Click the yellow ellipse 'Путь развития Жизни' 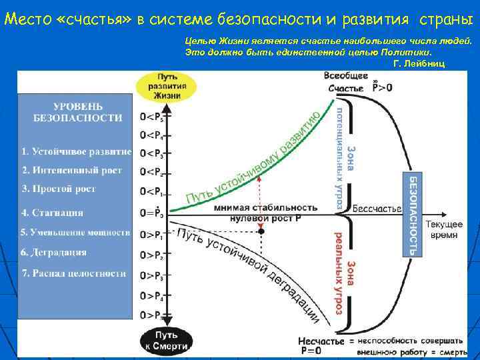click(167, 87)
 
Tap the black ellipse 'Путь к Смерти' click(166, 340)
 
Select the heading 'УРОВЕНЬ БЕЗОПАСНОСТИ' click(78, 112)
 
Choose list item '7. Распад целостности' click(73, 273)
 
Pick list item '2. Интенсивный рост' click(71, 171)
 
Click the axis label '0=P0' click(151, 213)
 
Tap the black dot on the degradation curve click(261, 231)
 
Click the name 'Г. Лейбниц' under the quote click(419, 63)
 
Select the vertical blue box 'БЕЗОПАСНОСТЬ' click(413, 215)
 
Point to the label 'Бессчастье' click(377, 209)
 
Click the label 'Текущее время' click(444, 230)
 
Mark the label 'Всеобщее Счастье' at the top click(346, 82)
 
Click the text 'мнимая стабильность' click(265, 207)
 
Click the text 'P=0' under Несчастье click(311, 351)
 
